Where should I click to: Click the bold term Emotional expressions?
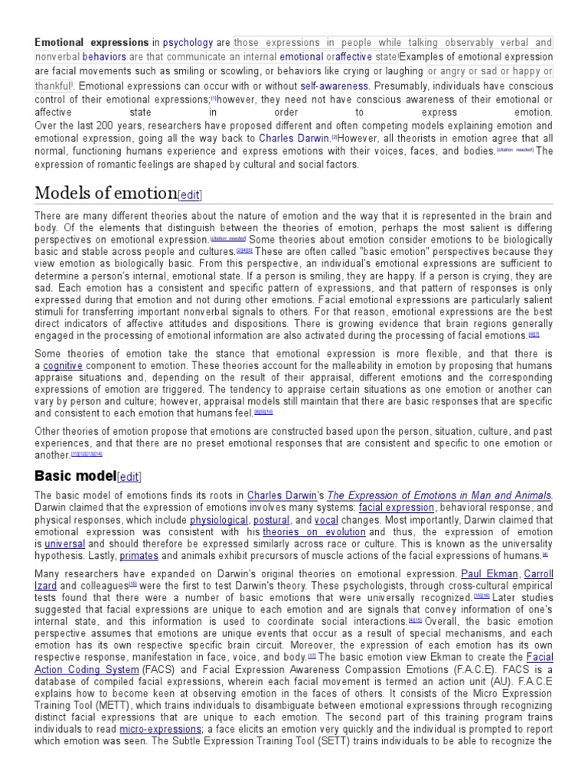[x=91, y=43]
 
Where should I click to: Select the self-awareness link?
[x=335, y=87]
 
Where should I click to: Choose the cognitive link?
[x=63, y=366]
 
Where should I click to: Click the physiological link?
[x=219, y=520]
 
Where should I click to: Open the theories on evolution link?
[x=315, y=532]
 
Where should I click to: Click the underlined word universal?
[x=64, y=544]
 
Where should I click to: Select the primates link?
[x=139, y=557]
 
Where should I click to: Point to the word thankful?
[x=53, y=87]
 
